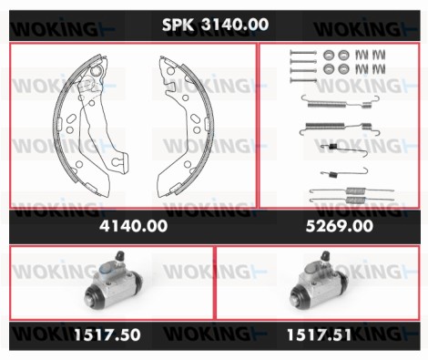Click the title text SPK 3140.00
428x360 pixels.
tap(215, 25)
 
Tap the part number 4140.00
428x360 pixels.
tap(134, 226)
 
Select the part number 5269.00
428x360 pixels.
tap(340, 226)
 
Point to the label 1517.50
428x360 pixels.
tap(107, 334)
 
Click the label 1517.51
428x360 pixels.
tap(319, 334)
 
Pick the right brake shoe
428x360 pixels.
tap(186, 125)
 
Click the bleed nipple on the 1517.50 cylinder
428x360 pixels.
tap(120, 256)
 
